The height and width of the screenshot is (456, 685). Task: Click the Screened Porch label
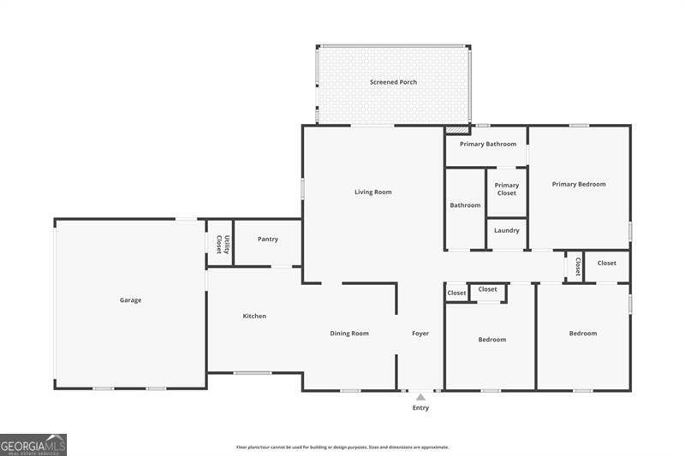tap(393, 82)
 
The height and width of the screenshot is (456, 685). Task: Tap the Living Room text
tap(373, 192)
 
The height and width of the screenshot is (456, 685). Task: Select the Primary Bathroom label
tap(487, 144)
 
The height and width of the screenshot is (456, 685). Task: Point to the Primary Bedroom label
tap(579, 184)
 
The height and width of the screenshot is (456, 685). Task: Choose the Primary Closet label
tap(507, 189)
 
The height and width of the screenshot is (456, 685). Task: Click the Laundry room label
tap(507, 230)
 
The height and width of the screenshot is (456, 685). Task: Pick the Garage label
tap(130, 300)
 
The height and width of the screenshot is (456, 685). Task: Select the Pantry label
tap(268, 239)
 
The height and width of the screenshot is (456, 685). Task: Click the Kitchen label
tap(254, 316)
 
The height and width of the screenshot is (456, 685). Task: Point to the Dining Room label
tap(349, 333)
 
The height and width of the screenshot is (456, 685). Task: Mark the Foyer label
tap(420, 333)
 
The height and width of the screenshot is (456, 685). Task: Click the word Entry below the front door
tap(420, 408)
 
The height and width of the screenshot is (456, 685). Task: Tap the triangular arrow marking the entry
tap(420, 397)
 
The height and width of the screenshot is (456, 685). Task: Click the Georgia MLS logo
tap(33, 444)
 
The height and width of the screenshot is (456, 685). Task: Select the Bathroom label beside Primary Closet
tap(466, 205)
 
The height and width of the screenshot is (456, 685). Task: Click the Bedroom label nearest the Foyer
tap(491, 340)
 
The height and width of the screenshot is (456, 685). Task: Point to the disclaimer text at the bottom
tap(342, 447)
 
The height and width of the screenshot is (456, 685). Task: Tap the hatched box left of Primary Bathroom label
tap(457, 130)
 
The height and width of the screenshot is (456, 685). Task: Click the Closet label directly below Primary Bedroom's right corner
tap(607, 263)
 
